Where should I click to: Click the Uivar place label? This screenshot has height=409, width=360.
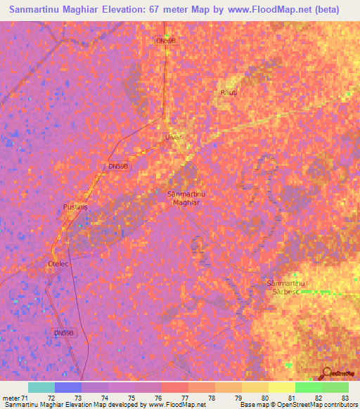pos(173,137)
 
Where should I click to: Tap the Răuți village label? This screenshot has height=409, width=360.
pos(228,92)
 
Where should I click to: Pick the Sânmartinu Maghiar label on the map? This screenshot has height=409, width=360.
pos(186,197)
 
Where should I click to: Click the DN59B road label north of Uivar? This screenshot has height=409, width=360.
pos(166,41)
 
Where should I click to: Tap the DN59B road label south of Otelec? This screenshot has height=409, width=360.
pos(64,332)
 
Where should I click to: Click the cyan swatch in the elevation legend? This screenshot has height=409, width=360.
pos(41,387)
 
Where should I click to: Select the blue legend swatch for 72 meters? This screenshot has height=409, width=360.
pos(68,387)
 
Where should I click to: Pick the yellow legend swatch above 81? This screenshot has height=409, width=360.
pos(281,387)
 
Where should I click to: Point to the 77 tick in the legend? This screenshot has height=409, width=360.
pos(186,398)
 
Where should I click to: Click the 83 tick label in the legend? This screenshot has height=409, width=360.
pos(345,398)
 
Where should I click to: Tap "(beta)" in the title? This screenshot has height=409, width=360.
pos(326,10)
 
